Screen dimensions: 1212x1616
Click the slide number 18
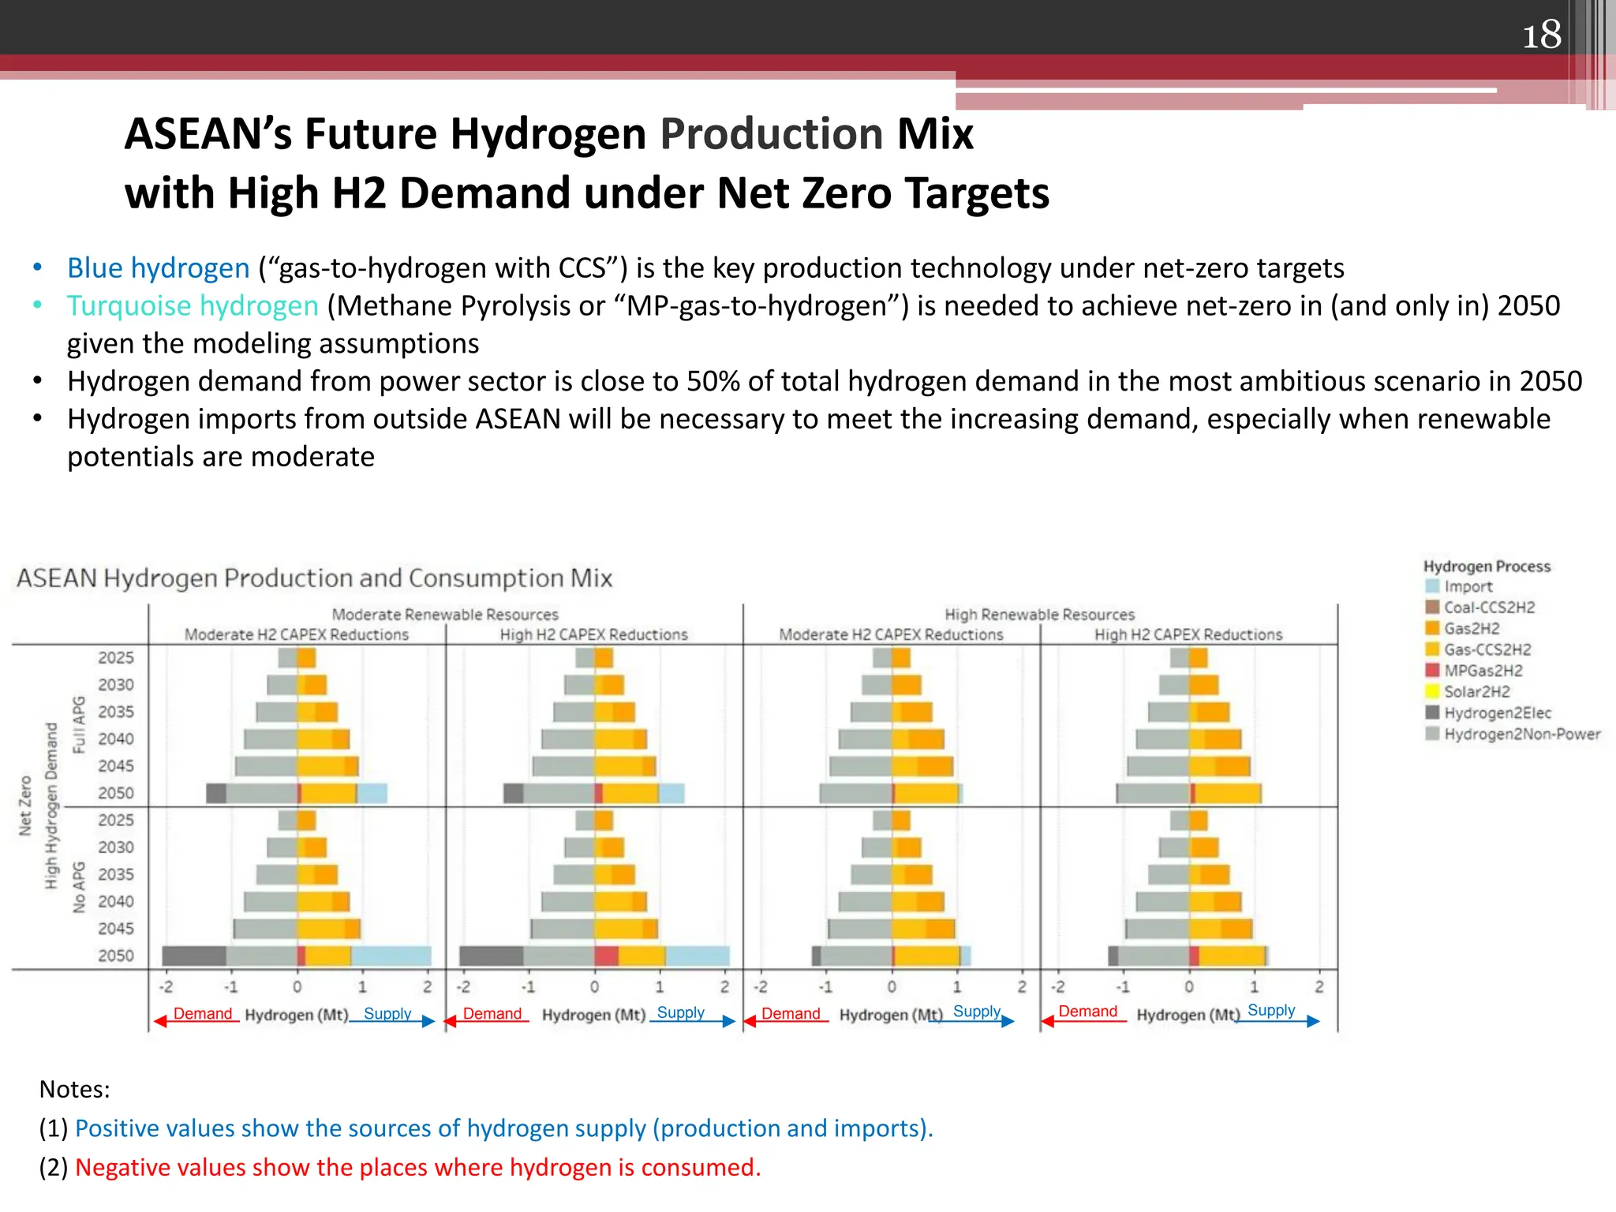click(1541, 35)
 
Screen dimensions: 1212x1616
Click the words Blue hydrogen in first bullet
click(158, 268)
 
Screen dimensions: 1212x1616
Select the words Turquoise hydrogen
click(193, 306)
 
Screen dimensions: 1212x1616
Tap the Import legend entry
click(1468, 586)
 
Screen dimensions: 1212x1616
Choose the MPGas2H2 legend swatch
click(1433, 671)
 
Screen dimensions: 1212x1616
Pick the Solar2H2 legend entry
click(1476, 692)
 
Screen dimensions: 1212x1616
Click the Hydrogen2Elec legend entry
click(1497, 713)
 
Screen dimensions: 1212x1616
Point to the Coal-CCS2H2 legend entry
click(1489, 608)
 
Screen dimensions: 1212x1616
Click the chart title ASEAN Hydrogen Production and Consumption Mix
click(314, 578)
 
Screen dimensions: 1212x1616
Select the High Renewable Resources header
click(1039, 615)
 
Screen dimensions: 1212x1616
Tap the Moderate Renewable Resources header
click(444, 615)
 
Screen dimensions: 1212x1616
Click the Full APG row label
click(78, 724)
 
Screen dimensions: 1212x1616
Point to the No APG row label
click(78, 888)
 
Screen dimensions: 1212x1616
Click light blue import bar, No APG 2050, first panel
click(391, 956)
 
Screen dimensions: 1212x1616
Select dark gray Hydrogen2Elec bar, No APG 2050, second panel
click(491, 956)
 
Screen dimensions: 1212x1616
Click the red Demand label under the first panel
click(203, 1014)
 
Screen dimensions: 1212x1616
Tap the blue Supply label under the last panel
click(1271, 1011)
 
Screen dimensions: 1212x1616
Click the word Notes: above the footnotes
click(74, 1090)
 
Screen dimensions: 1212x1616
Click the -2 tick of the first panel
click(166, 987)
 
